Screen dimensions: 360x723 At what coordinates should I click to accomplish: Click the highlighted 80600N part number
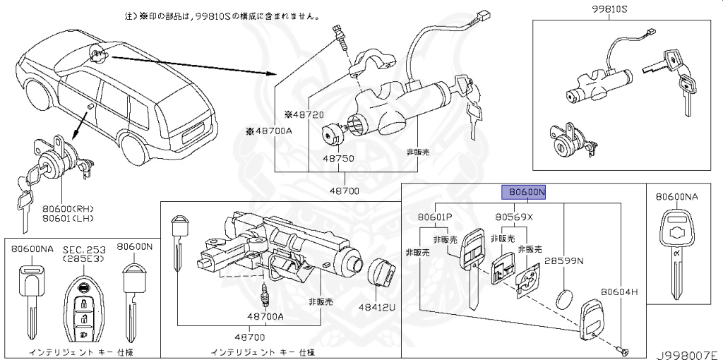pos(524,192)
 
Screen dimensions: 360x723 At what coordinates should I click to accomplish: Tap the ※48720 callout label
pos(304,114)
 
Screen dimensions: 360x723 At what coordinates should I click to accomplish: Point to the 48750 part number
pos(340,159)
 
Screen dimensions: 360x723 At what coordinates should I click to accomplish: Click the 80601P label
pos(436,217)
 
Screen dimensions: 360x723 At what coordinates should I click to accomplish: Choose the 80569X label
pos(513,217)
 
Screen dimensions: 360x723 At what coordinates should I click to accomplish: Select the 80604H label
pos(619,291)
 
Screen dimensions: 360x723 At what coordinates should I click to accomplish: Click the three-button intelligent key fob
pos(83,308)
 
